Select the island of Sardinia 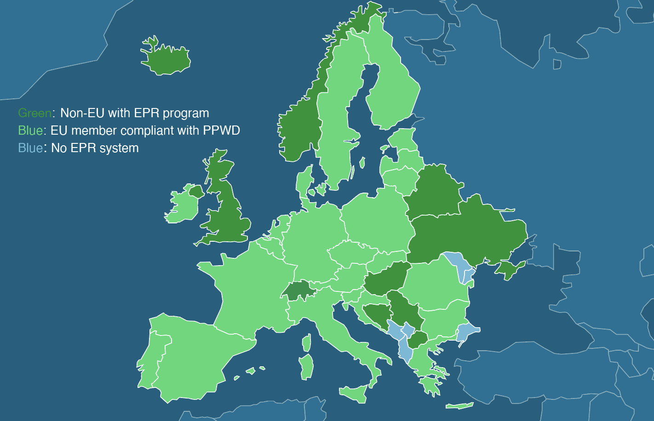(307, 367)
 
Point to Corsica (306, 342)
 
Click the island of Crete (459, 405)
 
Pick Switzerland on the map (297, 290)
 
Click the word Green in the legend (34, 113)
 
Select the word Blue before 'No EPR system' (30, 148)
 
